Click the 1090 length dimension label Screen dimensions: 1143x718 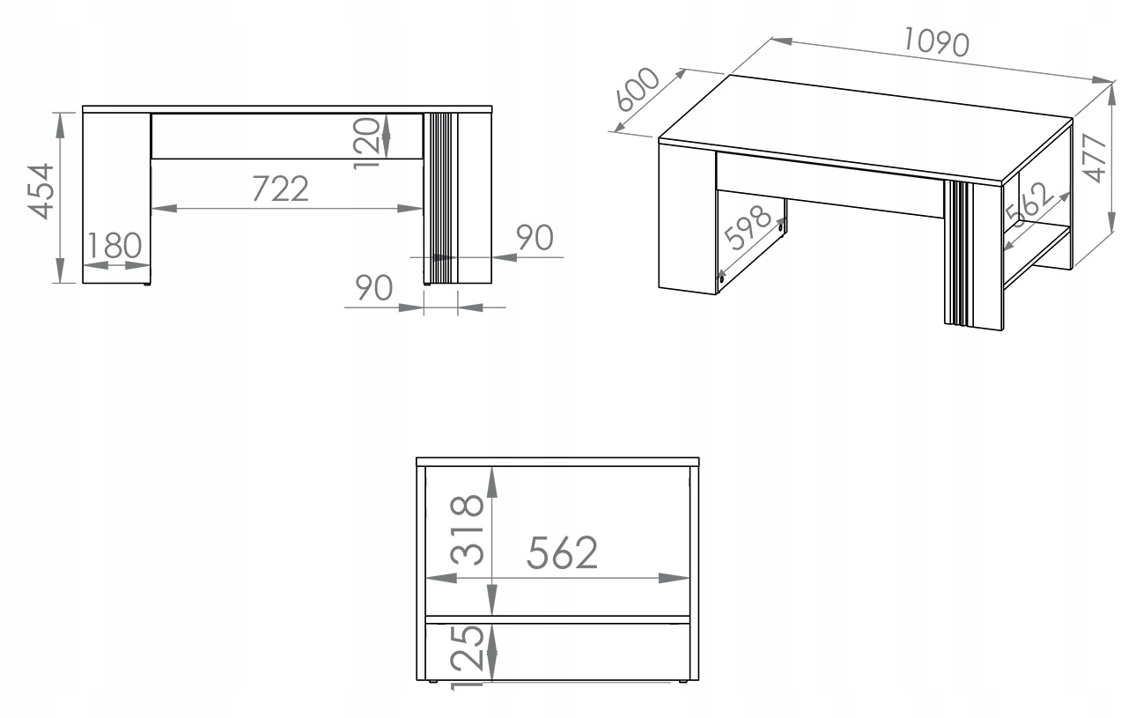(x=936, y=42)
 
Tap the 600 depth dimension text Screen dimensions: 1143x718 (x=638, y=89)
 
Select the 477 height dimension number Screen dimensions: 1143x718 (x=1094, y=158)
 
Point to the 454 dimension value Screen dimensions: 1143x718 (x=41, y=191)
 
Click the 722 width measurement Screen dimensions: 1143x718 (x=281, y=189)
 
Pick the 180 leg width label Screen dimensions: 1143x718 (x=114, y=245)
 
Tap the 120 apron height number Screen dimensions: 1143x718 (x=367, y=143)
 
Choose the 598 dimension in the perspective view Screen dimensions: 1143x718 (x=748, y=227)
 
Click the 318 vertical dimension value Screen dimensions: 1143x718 (x=467, y=530)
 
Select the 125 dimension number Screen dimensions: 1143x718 (x=467, y=658)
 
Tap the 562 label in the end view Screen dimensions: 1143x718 (x=562, y=553)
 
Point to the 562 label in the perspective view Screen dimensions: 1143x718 (x=1029, y=204)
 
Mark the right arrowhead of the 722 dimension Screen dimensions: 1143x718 (x=410, y=209)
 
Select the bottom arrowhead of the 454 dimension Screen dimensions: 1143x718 (x=60, y=270)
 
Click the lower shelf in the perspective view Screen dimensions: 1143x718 (x=1037, y=256)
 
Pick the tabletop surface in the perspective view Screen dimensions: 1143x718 (x=865, y=128)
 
